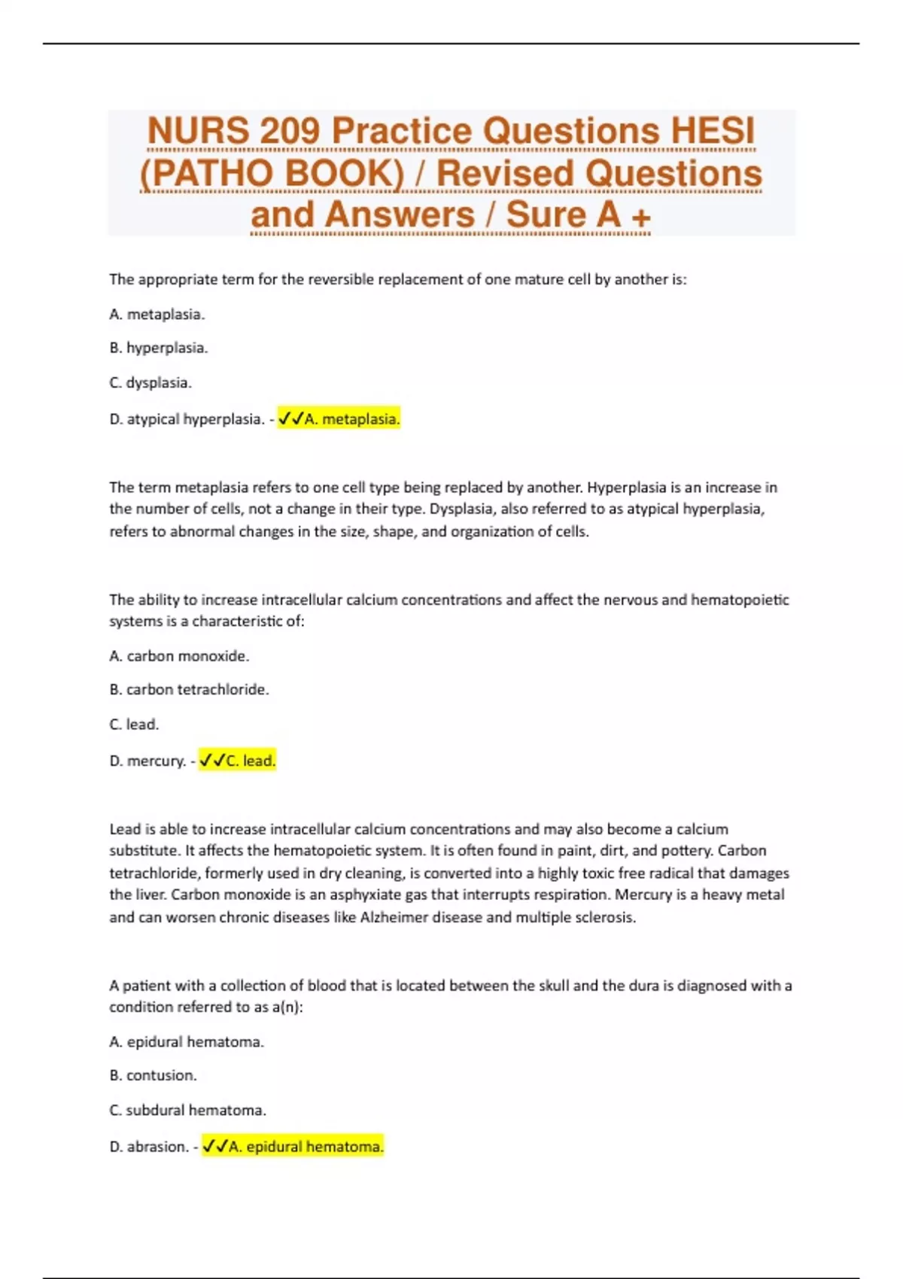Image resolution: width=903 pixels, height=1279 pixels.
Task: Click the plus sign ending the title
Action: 641,217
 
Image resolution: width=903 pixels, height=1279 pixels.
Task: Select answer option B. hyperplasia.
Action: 158,348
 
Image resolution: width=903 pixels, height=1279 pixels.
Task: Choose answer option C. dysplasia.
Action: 150,382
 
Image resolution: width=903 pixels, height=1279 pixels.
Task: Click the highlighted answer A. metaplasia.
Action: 339,418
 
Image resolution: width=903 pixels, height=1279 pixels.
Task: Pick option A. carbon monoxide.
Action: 179,655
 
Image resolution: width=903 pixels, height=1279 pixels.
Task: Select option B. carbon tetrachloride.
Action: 189,689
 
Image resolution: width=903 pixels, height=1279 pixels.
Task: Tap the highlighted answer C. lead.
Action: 237,761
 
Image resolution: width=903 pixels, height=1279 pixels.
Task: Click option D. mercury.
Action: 147,761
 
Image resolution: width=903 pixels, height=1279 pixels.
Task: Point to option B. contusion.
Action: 153,1075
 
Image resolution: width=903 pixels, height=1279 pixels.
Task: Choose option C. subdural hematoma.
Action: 187,1110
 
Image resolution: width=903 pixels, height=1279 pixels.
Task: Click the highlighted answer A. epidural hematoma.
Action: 293,1147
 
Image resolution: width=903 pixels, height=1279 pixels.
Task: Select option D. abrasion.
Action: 148,1147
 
